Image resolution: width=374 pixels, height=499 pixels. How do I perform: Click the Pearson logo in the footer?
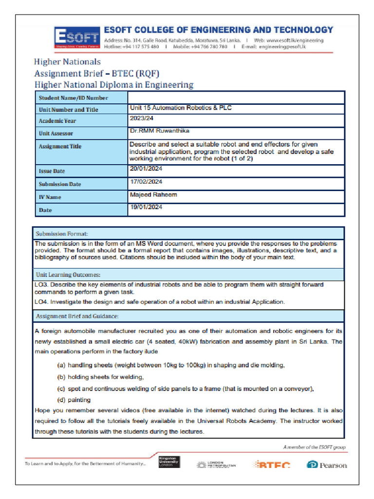pos(327,465)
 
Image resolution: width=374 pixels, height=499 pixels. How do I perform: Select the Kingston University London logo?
pos(169,462)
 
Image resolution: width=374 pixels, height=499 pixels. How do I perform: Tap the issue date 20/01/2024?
pos(146,169)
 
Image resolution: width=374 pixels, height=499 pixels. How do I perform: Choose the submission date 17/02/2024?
pos(146,182)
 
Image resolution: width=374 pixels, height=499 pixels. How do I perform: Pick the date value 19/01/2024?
pos(146,207)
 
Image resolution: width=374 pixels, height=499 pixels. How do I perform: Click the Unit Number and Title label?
pos(68,110)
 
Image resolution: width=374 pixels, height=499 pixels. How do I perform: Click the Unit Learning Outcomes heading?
pos(68,275)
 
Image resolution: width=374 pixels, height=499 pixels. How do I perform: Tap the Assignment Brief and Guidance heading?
pos(77,316)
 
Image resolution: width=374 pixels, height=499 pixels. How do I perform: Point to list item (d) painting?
pos(74,400)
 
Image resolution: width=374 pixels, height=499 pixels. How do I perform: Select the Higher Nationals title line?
pos(67,62)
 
